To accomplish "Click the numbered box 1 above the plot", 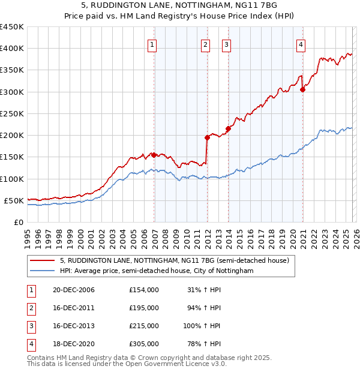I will tap(152, 44).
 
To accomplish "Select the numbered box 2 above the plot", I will tap(205, 44).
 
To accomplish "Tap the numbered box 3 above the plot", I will tap(227, 44).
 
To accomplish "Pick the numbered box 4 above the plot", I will tap(301, 44).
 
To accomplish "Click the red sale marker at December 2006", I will tap(154, 155).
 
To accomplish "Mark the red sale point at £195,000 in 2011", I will tap(207, 137).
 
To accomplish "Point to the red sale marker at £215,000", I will tap(228, 128).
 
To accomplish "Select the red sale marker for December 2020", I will tap(302, 89).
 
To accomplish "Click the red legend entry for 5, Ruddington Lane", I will tap(175, 260).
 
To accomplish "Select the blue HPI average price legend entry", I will tap(157, 271).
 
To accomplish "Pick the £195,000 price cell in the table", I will tap(143, 308).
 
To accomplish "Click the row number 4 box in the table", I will tap(29, 344).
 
